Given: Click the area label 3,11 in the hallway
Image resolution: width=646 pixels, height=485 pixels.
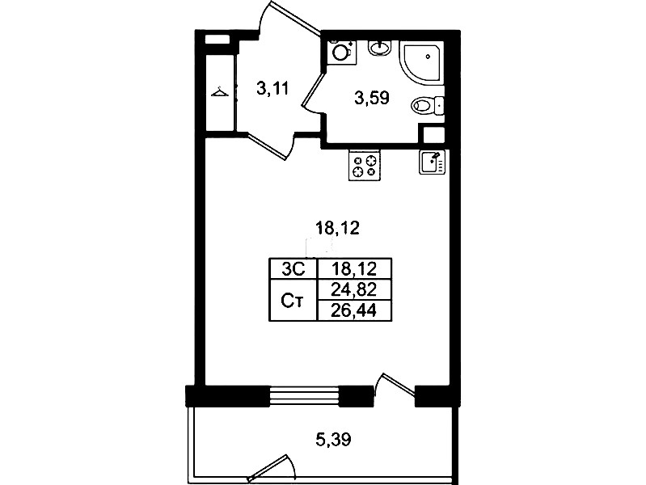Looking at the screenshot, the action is point(272,88).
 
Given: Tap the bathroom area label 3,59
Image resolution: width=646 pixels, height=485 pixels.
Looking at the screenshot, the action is point(372,98).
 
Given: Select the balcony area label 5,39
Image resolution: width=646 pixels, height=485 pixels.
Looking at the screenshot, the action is point(333,440).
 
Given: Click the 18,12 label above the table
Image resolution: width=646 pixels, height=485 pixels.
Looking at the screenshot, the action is point(337,228).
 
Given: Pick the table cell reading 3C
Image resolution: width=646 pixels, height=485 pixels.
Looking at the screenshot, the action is point(293,269).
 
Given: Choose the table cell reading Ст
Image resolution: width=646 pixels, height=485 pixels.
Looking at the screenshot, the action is point(293,301).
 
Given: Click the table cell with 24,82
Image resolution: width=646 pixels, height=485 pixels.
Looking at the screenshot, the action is point(354,290).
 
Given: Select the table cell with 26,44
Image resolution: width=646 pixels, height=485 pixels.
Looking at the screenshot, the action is point(354,310).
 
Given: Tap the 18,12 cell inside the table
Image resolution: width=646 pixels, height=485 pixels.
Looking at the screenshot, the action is point(354,269).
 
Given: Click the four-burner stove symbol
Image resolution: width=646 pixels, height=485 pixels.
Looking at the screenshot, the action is point(365,165).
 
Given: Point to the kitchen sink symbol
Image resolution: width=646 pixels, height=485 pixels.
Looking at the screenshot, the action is point(433,162).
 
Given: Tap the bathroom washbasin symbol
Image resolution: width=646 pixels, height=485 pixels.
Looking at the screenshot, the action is point(379,48).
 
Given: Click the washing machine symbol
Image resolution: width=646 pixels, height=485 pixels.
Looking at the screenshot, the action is point(341,52).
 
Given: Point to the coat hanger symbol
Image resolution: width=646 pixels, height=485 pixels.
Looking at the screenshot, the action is point(220,91).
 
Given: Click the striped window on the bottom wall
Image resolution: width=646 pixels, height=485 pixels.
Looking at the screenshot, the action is point(305,396).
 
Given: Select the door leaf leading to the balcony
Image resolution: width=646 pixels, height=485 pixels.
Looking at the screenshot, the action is point(399,385).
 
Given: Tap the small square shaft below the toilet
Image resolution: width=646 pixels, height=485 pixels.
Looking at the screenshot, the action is point(432,134).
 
